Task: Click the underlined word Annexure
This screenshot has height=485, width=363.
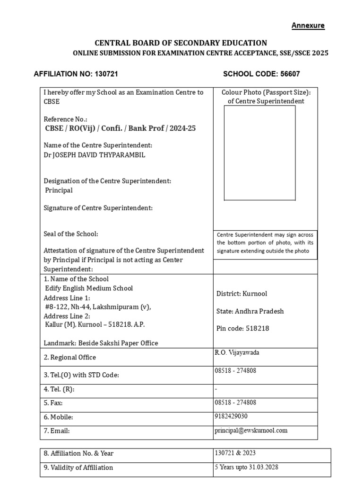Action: point(308,26)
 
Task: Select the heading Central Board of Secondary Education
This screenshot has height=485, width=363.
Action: point(181,43)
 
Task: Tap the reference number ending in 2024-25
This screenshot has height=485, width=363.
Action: point(120,128)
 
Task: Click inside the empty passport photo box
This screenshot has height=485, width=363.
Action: point(259,153)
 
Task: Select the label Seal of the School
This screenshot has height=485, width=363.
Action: point(71,234)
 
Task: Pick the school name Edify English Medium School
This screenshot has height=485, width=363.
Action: point(88,288)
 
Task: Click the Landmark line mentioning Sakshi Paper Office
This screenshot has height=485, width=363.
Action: point(101,343)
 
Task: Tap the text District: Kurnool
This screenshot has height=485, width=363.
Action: point(242,294)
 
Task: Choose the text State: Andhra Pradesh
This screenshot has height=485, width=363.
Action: point(250,311)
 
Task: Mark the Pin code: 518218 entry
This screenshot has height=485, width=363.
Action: point(242,328)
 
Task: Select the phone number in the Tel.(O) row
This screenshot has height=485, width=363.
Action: point(236,370)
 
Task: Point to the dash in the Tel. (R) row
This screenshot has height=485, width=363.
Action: point(216,389)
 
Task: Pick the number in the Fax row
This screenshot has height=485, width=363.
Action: point(236,402)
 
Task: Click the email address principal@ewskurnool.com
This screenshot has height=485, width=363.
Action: point(251,431)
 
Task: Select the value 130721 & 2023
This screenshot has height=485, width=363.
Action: point(235,453)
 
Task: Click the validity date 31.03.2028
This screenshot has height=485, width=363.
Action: point(262,467)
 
